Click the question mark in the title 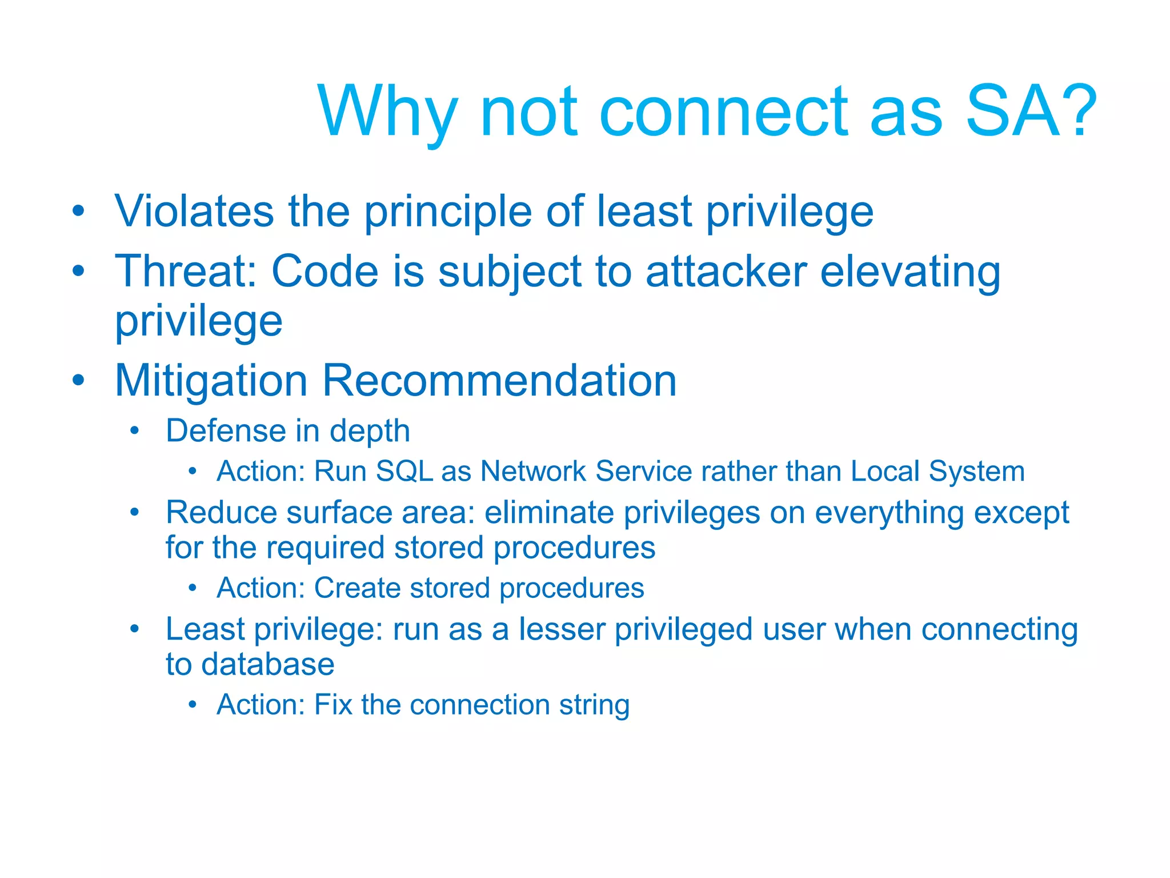tap(1077, 111)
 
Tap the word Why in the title tap(388, 112)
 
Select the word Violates tap(194, 211)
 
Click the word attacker tap(726, 271)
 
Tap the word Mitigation tap(211, 381)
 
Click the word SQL tap(404, 472)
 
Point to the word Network tap(533, 472)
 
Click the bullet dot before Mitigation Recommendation tap(79, 380)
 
